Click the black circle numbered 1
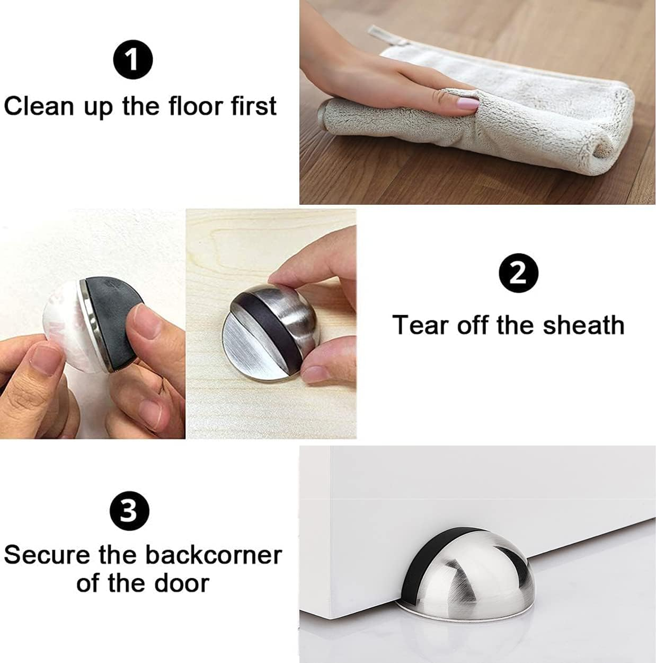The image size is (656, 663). coord(132,59)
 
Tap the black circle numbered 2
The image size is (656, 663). coord(518,274)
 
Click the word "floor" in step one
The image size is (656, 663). coord(196,106)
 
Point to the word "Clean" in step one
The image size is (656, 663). coord(39,106)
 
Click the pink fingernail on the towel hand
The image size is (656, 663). coord(467,103)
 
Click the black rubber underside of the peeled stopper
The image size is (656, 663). coord(114,308)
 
